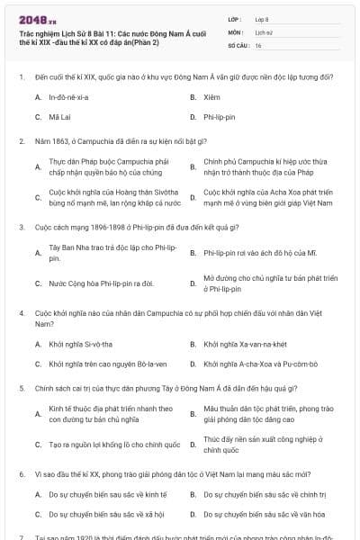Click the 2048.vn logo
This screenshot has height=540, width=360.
pos(37,18)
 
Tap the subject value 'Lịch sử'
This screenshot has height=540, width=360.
pos(265,31)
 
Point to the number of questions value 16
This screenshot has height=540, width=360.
pos(258,45)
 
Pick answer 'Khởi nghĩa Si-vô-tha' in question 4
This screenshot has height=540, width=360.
pos(81,345)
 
